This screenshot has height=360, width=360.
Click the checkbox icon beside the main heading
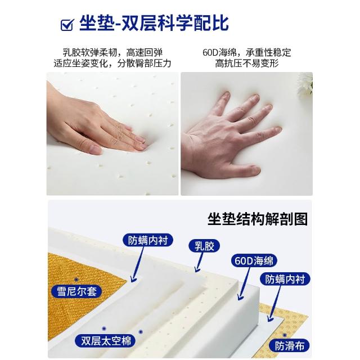[67, 25]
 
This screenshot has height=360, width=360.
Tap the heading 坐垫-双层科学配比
[154, 23]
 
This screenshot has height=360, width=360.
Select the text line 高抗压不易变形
[247, 64]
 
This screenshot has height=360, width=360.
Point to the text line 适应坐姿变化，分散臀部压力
[112, 64]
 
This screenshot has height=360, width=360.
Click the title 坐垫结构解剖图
[258, 219]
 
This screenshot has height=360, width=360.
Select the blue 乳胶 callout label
[204, 246]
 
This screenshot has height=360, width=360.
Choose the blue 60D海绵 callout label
[254, 260]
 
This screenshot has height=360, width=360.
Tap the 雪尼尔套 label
[76, 291]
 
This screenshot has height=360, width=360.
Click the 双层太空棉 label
[106, 340]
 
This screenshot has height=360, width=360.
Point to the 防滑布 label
[289, 346]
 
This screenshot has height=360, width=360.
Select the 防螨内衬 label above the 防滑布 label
[285, 279]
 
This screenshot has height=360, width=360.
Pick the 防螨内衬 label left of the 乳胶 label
[147, 240]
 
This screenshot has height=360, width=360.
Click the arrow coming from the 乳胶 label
[199, 262]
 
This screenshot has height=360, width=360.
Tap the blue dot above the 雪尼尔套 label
[76, 280]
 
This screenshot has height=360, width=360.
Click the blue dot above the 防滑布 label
[285, 335]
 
